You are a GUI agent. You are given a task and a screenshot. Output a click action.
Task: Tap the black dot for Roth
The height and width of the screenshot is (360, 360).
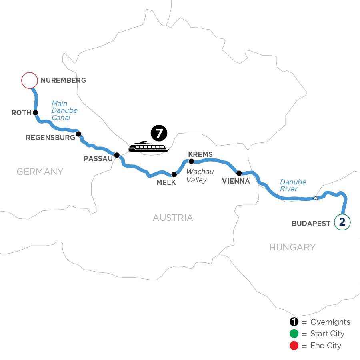(35, 113)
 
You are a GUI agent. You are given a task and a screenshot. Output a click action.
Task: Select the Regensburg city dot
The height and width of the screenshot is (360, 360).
(78, 134)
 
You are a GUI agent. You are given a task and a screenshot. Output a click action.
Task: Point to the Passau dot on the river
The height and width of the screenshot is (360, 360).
(117, 155)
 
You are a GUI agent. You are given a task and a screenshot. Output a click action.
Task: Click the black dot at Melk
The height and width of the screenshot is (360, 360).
(174, 174)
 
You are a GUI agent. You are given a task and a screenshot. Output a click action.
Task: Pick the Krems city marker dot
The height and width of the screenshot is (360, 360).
(191, 162)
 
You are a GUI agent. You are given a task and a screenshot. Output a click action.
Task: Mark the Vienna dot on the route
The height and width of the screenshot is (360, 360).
(239, 173)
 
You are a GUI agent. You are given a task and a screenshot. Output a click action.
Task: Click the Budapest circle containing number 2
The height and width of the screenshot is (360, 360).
(342, 222)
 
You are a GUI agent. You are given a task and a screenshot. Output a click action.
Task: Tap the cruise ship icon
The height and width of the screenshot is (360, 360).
(148, 147)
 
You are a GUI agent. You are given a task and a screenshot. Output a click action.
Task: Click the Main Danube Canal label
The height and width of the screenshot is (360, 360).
(64, 110)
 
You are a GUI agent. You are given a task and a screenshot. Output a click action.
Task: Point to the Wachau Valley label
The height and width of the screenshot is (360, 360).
(200, 176)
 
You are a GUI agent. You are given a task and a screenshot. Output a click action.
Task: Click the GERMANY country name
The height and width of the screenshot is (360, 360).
(40, 172)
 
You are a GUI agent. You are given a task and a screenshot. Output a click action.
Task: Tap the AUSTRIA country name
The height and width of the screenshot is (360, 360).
(173, 218)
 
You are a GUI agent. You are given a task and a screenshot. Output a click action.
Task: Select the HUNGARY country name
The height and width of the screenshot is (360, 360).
(292, 247)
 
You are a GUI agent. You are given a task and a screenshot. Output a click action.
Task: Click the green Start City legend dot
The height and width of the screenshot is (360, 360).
(294, 334)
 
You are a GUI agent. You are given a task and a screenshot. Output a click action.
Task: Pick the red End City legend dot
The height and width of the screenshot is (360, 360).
(294, 345)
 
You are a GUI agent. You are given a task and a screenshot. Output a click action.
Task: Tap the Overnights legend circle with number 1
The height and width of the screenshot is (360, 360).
(294, 322)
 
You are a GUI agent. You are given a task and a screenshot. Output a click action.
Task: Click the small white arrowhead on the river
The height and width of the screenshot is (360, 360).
(315, 198)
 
